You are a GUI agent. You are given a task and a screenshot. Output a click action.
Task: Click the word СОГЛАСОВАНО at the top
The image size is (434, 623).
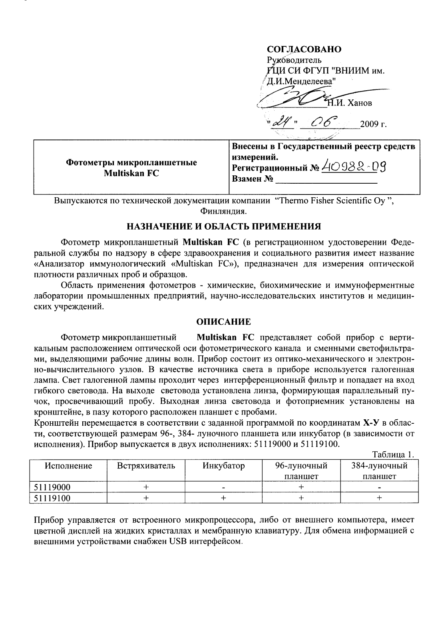(304, 49)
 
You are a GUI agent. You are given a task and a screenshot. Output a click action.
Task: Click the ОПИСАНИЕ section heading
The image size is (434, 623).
(223, 321)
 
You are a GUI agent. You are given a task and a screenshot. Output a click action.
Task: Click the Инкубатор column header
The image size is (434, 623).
(223, 466)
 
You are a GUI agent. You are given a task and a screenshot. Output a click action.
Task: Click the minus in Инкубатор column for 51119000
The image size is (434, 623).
(224, 487)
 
